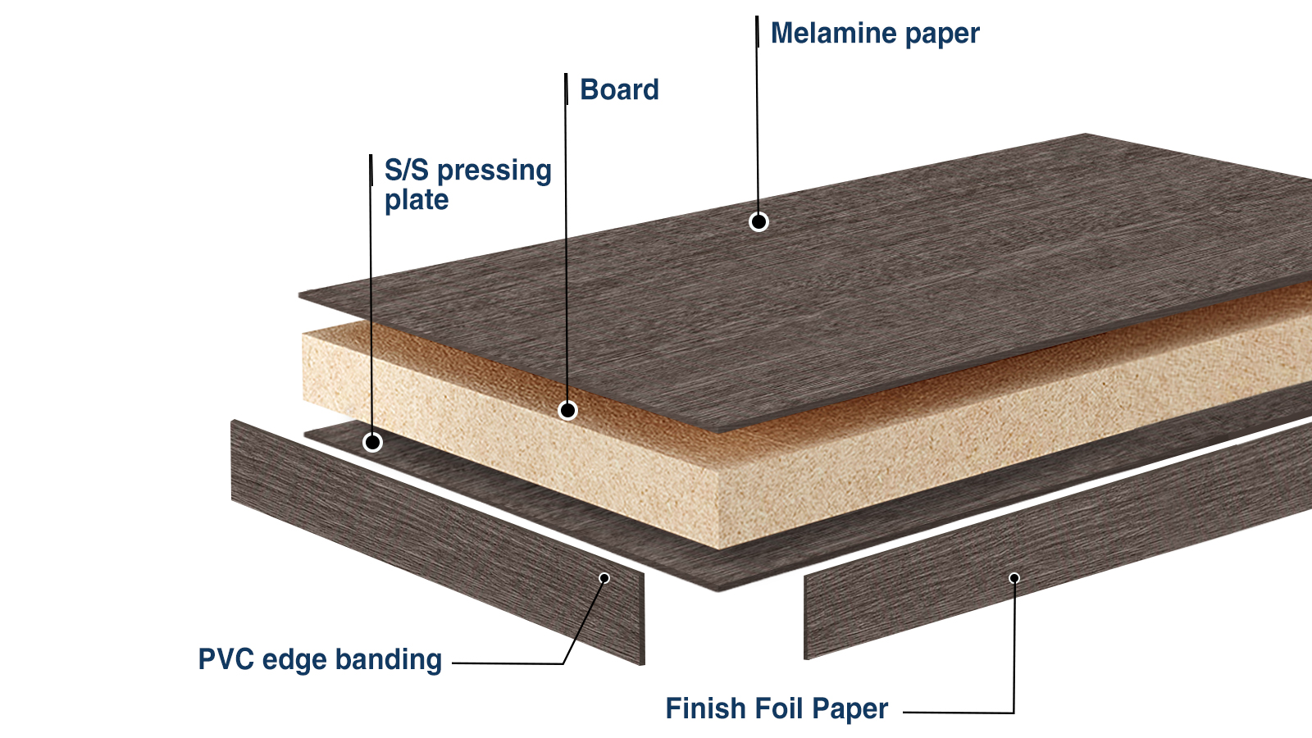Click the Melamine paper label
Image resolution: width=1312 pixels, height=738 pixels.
(874, 34)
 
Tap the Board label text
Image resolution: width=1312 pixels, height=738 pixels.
(619, 89)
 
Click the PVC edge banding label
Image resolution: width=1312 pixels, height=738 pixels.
(320, 659)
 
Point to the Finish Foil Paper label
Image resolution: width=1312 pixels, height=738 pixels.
(776, 708)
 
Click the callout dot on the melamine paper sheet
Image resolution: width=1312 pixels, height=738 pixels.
(758, 221)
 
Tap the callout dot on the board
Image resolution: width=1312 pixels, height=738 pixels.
(567, 410)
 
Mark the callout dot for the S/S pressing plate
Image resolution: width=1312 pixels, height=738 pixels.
(372, 443)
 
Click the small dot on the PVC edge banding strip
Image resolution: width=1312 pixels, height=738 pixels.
(604, 578)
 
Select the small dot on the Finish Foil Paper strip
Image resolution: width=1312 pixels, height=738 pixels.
(1014, 578)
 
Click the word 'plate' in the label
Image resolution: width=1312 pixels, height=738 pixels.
(417, 200)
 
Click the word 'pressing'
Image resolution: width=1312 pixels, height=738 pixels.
(494, 171)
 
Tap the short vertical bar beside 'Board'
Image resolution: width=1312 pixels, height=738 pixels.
(566, 89)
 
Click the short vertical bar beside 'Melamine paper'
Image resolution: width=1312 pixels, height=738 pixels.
(757, 33)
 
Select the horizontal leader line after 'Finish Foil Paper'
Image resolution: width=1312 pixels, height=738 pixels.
(958, 713)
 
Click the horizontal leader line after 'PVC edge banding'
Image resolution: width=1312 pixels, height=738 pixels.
(507, 663)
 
